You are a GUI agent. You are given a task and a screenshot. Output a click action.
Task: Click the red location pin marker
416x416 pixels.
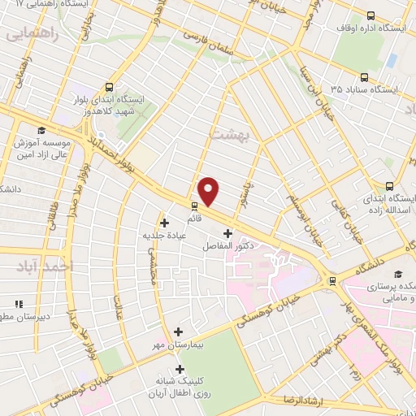click(209, 192)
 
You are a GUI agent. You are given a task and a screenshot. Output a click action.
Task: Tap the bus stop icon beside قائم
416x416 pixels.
click(194, 206)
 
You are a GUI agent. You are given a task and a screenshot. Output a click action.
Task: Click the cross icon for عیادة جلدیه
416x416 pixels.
click(165, 222)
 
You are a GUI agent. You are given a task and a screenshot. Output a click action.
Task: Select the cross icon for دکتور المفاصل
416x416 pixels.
click(227, 234)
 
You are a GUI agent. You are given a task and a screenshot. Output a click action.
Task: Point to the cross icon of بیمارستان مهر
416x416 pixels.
click(179, 331)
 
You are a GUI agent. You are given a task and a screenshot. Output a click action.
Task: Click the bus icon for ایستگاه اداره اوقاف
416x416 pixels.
click(371, 15)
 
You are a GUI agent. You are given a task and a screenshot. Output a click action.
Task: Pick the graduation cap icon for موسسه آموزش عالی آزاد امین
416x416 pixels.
click(41, 131)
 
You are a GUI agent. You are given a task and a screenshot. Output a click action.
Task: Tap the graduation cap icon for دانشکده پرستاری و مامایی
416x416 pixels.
click(398, 274)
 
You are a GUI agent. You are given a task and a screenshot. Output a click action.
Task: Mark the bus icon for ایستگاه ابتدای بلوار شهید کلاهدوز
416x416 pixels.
click(109, 87)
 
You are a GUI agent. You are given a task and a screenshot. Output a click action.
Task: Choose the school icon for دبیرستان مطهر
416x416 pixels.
click(18, 305)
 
